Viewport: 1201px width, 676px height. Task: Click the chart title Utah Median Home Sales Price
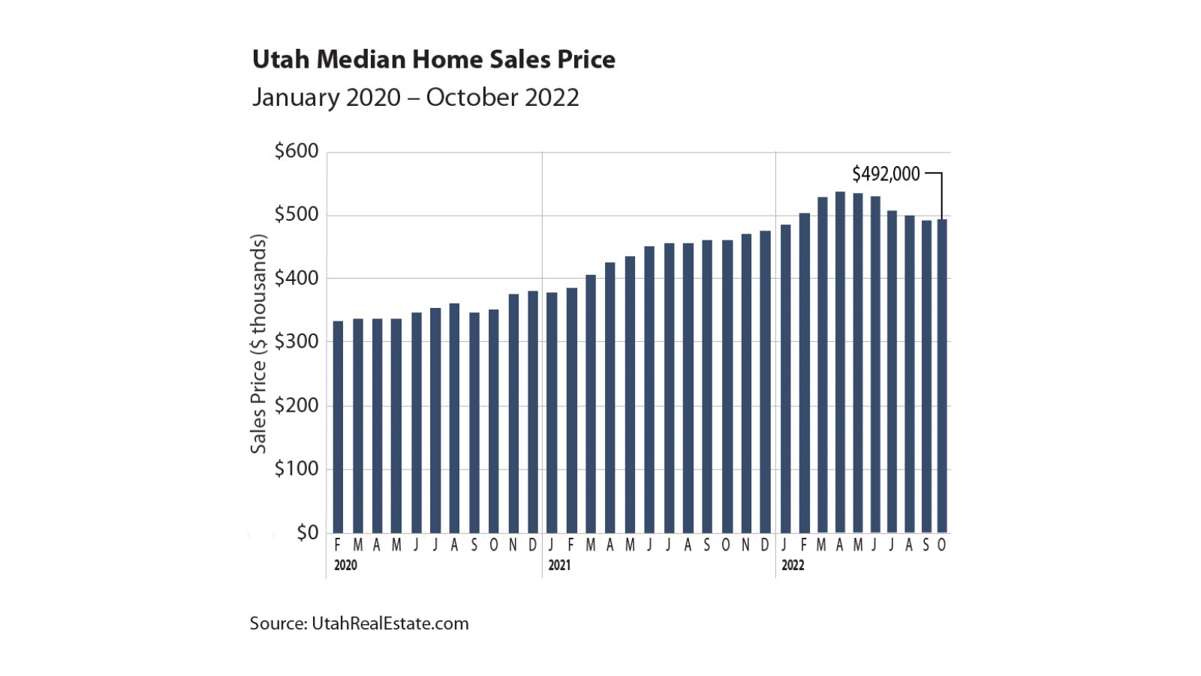tap(433, 59)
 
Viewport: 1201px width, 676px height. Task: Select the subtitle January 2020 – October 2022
tap(415, 98)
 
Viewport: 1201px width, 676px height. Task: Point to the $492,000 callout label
tap(885, 174)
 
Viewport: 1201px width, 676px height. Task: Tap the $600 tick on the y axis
tap(296, 151)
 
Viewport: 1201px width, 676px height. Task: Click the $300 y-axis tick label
tap(296, 342)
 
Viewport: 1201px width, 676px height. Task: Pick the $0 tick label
tap(307, 533)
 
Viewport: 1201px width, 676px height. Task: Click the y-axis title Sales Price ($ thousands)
tap(258, 344)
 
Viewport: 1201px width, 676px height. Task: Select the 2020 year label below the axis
tap(345, 566)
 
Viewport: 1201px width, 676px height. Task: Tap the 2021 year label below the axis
tap(559, 566)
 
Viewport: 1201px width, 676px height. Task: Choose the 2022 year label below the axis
tap(793, 566)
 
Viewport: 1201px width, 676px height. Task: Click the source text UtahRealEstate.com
tap(359, 623)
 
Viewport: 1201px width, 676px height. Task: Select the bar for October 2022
tap(942, 376)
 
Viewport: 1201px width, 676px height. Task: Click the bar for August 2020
tap(454, 418)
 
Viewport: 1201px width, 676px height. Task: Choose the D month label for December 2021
tap(765, 545)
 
